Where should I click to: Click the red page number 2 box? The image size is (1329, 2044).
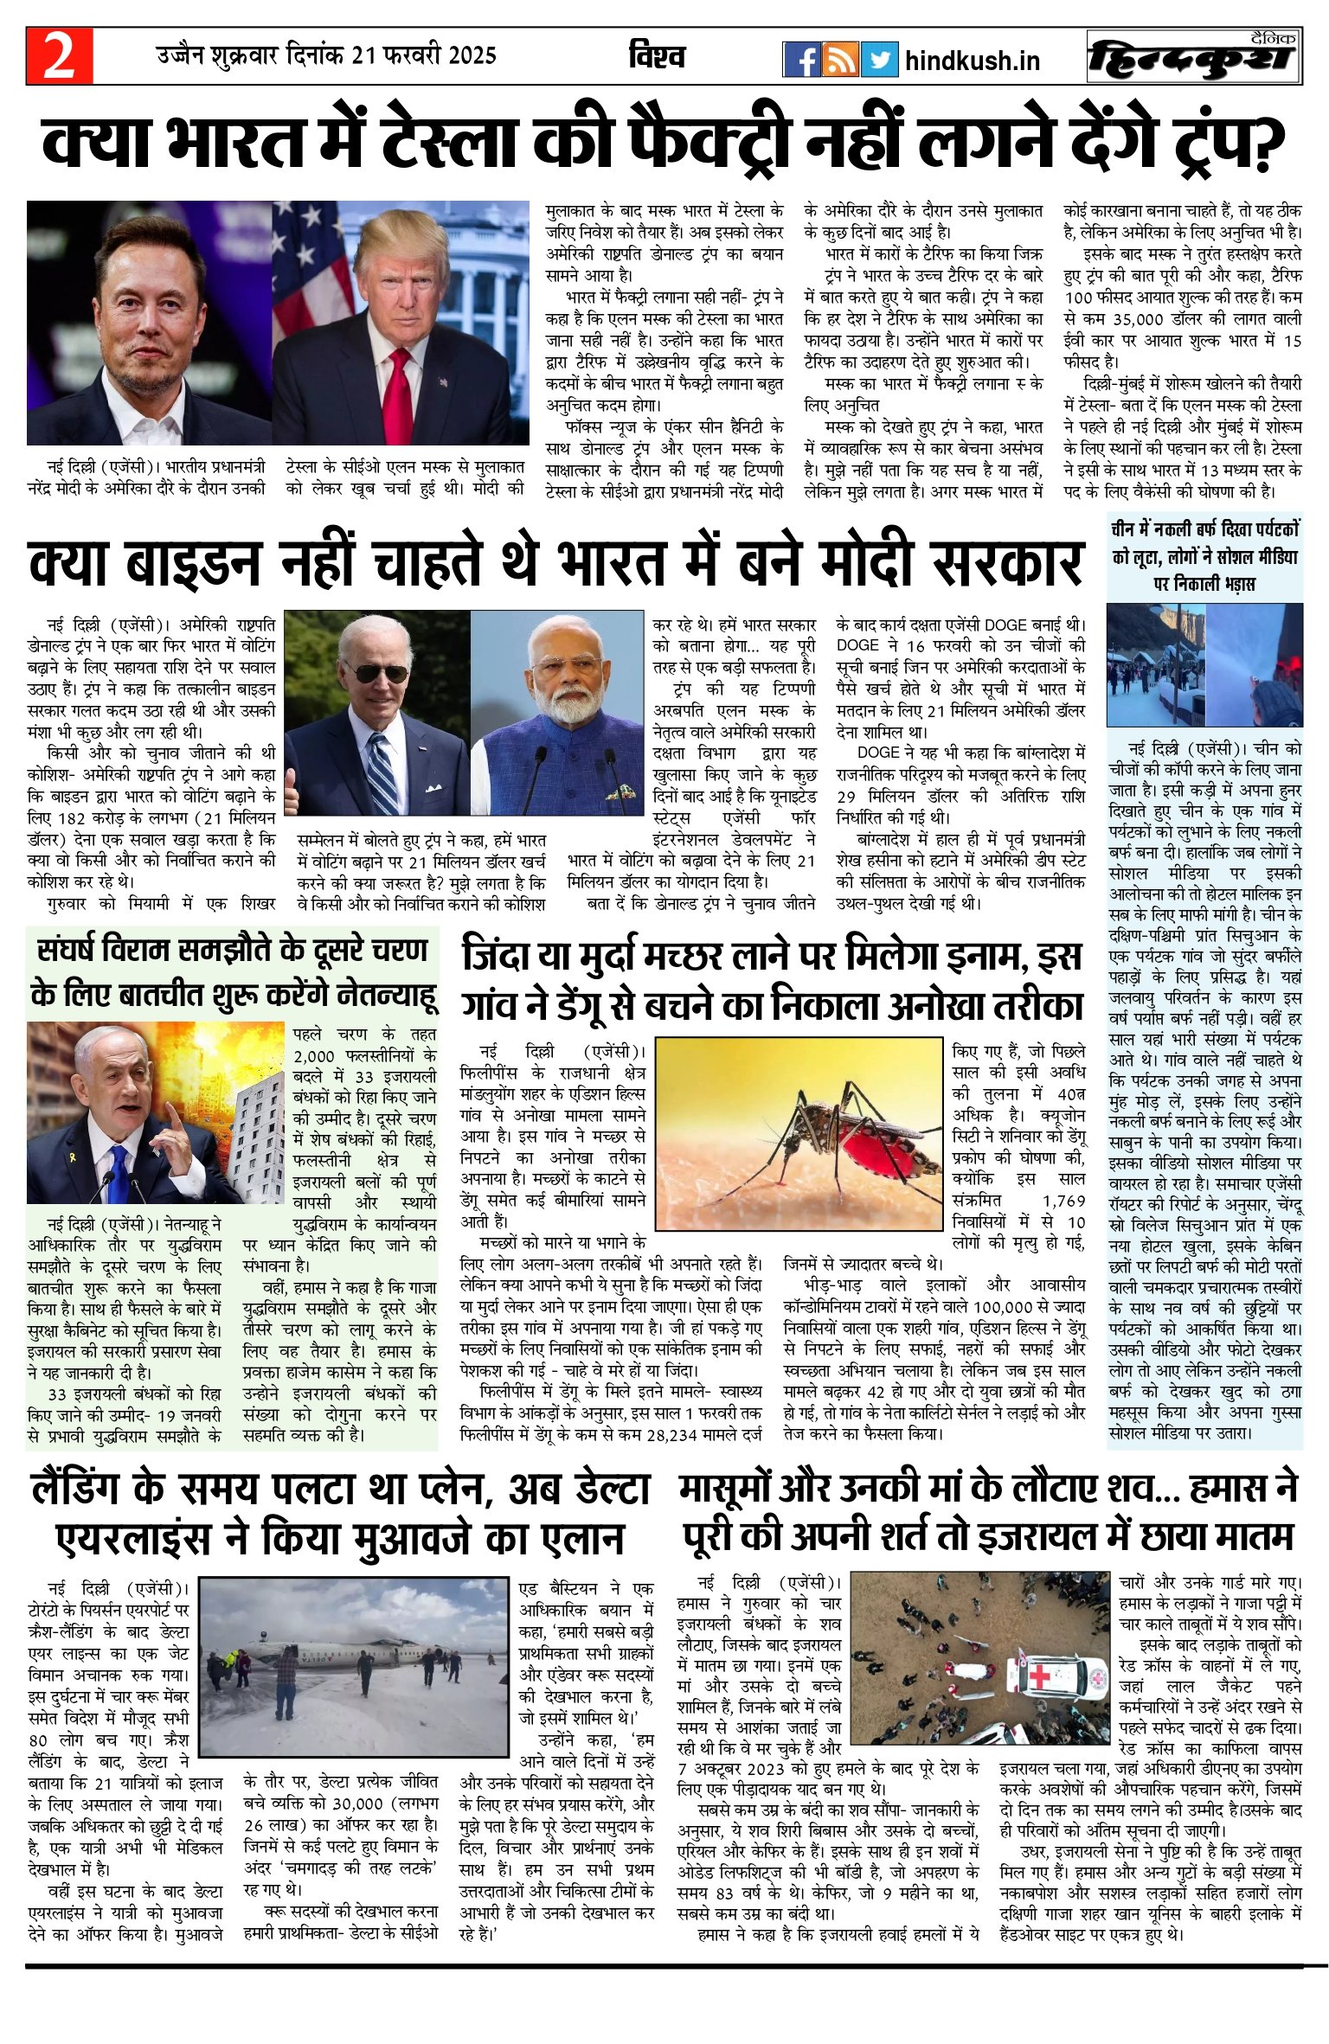click(59, 56)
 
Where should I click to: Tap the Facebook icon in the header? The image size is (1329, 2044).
click(801, 60)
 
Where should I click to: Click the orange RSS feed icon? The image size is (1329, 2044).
click(840, 60)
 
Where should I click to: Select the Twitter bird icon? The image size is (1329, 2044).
click(879, 60)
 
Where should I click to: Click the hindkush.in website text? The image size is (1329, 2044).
click(972, 61)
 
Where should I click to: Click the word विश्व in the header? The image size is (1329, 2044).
click(657, 57)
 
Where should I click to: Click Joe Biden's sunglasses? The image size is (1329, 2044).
click(382, 672)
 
